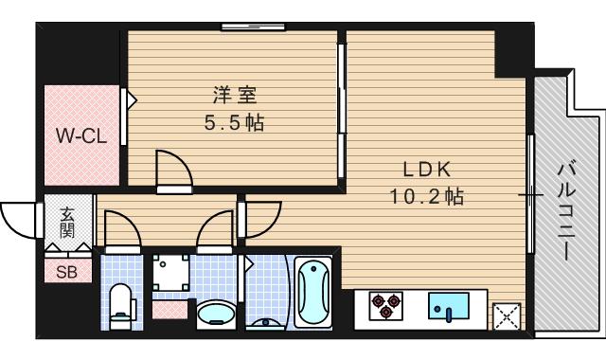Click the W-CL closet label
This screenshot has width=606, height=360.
point(80,135)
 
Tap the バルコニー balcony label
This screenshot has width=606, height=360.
point(565,210)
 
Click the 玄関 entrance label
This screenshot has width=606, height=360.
point(69,224)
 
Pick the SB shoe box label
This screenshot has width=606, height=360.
point(67,272)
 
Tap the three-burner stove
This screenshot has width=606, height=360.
point(383,304)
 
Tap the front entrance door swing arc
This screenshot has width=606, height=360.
point(19,221)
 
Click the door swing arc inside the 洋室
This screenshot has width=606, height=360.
point(174,169)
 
